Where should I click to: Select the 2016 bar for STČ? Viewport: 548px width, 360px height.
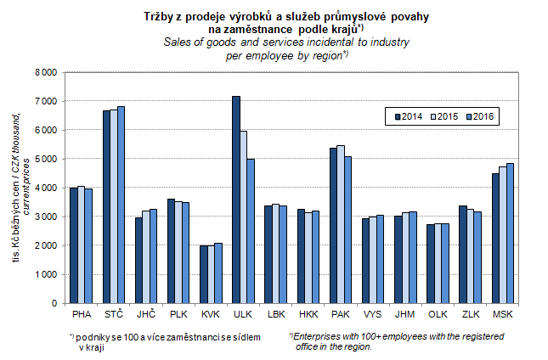[x=121, y=205]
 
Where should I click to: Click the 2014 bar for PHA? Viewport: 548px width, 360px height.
[x=73, y=245]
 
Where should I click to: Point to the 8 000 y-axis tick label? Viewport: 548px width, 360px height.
[x=46, y=72]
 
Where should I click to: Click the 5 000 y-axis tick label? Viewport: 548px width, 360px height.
[x=46, y=159]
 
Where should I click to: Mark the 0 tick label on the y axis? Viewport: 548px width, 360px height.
[x=54, y=303]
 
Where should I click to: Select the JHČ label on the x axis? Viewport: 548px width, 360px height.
[x=146, y=314]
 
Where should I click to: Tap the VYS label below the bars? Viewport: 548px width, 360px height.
[x=372, y=314]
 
